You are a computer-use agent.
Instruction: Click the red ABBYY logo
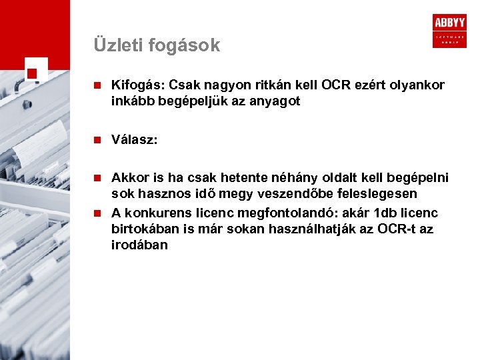[449, 31]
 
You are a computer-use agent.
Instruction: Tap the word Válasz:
[135, 140]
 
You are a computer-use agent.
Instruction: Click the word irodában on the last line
[139, 245]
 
